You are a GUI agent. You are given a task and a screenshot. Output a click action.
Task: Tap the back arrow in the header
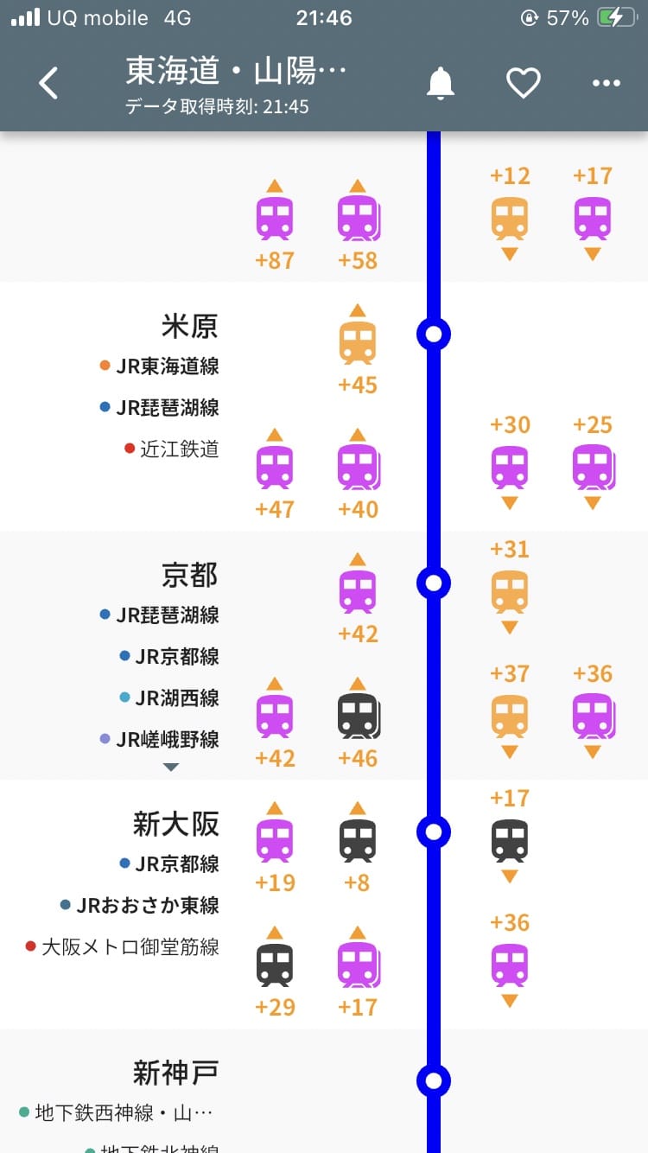pyautogui.click(x=49, y=83)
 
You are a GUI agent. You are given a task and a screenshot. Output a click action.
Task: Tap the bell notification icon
pyautogui.click(x=441, y=83)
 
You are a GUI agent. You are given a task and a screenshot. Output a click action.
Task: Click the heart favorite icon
pyautogui.click(x=523, y=83)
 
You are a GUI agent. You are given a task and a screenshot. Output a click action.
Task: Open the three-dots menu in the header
pyautogui.click(x=606, y=83)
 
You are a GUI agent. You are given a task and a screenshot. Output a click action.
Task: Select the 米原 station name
pyautogui.click(x=189, y=326)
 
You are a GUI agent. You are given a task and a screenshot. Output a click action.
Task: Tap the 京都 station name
pyautogui.click(x=189, y=575)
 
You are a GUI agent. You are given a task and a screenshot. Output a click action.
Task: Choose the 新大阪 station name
pyautogui.click(x=175, y=824)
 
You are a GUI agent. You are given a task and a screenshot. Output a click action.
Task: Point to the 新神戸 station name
pyautogui.click(x=175, y=1073)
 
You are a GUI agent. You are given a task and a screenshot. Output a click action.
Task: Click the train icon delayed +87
pyautogui.click(x=275, y=218)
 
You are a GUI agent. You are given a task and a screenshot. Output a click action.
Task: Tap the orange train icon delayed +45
pyautogui.click(x=358, y=342)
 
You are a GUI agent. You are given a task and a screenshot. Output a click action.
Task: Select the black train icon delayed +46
pyautogui.click(x=358, y=716)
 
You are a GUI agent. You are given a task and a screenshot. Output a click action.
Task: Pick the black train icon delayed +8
pyautogui.click(x=358, y=840)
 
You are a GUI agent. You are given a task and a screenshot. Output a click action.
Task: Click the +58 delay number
pyautogui.click(x=358, y=260)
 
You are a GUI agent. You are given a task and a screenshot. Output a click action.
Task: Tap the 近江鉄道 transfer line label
pyautogui.click(x=179, y=449)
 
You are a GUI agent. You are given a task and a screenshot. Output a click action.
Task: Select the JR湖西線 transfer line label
pyautogui.click(x=176, y=698)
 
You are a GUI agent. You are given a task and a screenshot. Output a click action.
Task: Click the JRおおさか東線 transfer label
pyautogui.click(x=147, y=905)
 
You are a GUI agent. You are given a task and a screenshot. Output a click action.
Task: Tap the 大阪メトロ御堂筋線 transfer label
pyautogui.click(x=130, y=946)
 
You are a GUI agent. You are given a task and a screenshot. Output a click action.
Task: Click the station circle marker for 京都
pyautogui.click(x=434, y=583)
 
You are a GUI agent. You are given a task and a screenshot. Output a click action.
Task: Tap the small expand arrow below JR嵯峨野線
pyautogui.click(x=171, y=767)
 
